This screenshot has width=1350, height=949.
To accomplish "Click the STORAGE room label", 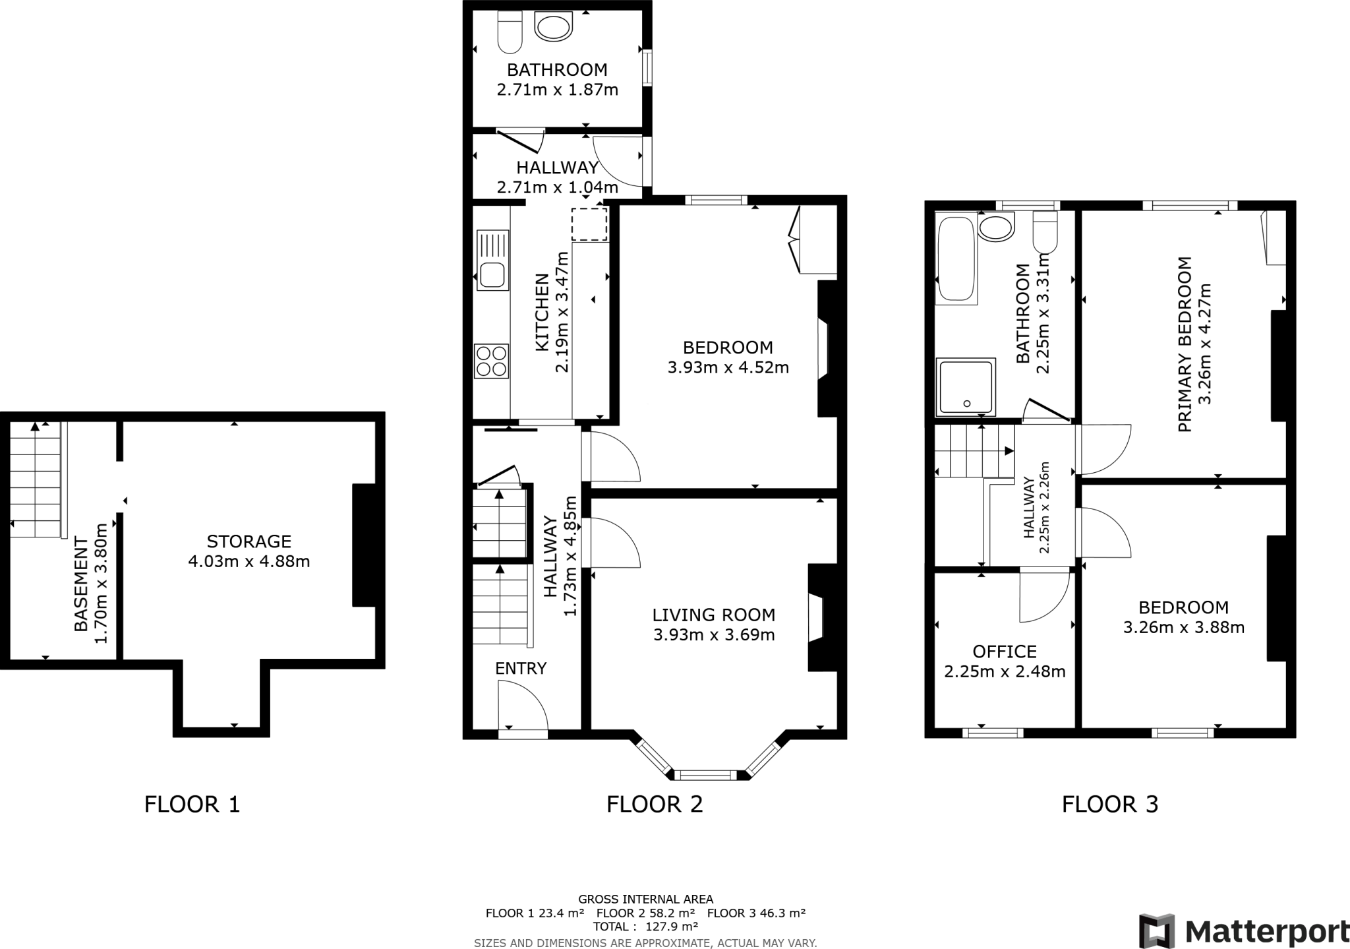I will (x=249, y=541).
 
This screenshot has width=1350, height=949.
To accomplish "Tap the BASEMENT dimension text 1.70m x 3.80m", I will (x=101, y=583).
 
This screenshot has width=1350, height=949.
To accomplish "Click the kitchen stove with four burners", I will (x=491, y=361).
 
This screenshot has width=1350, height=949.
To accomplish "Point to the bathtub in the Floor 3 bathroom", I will (x=955, y=259).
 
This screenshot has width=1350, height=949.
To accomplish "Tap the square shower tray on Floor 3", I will (x=966, y=387).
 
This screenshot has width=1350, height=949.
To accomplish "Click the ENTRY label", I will (x=521, y=668).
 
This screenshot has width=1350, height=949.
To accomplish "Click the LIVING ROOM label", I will (x=713, y=615).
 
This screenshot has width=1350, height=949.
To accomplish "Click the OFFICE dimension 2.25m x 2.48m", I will (x=1005, y=672).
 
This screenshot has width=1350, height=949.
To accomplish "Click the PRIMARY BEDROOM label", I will (x=1184, y=344).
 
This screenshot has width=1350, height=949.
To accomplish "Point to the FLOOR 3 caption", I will (x=1109, y=804).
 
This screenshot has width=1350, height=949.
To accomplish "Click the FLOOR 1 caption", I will (x=192, y=804).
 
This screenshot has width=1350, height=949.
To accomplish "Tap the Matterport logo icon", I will (x=1158, y=931).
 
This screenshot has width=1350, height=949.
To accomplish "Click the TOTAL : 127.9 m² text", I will (x=645, y=927).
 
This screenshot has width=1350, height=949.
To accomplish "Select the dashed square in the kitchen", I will (x=589, y=224).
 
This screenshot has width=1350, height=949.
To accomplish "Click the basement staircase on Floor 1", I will (x=36, y=479).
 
